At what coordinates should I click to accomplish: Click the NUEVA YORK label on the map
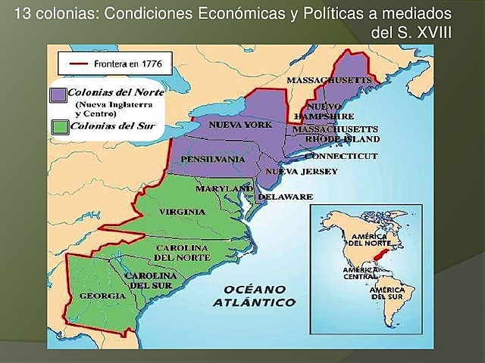[x=239, y=124]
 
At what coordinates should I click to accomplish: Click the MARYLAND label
[x=224, y=188]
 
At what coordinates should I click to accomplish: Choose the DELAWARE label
[x=285, y=197]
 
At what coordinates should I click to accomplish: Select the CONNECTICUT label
[x=340, y=156]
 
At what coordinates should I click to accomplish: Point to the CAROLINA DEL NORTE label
[x=181, y=253]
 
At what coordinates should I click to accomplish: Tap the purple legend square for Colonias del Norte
[x=57, y=95]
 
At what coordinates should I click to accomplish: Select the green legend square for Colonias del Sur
[x=57, y=126]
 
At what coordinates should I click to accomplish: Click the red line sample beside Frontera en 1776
[x=78, y=64]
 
